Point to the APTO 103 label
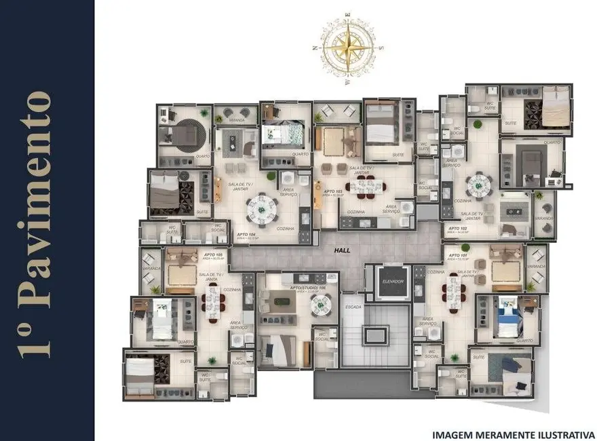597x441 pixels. (x=332, y=192)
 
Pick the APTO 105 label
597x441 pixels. (x=212, y=256)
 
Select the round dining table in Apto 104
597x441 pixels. (x=261, y=209)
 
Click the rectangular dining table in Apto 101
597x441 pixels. (x=452, y=292)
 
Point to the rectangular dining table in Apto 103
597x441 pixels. (x=366, y=187)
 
